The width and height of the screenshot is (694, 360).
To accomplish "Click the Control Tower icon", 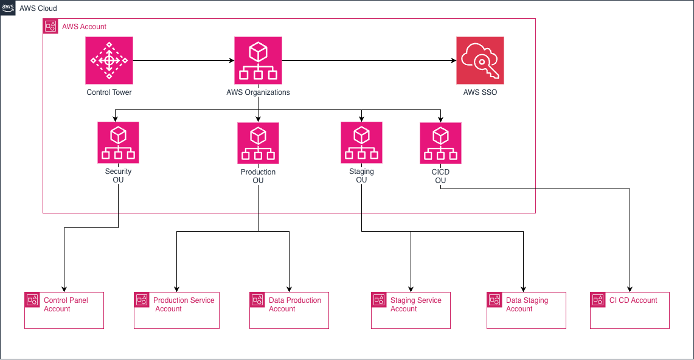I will point(109,60).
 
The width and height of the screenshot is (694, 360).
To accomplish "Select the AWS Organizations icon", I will point(258,60).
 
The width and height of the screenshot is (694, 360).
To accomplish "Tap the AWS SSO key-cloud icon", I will point(480,60).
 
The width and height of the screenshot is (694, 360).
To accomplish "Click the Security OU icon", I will point(118,142).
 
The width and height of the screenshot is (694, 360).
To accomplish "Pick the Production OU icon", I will point(258,143).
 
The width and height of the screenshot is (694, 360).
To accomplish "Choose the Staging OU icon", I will point(361,142).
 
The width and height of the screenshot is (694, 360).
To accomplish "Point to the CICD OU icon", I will point(440,143).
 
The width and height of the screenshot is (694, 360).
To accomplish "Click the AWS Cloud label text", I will point(39,9).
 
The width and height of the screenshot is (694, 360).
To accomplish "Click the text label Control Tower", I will point(109,92).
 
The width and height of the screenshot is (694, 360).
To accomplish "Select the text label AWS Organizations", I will point(258,92).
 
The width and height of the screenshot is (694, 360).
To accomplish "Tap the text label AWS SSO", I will point(480,92).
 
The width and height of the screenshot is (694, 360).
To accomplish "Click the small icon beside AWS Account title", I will point(50,27).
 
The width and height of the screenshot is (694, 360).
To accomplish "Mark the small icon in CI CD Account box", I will point(598,300).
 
